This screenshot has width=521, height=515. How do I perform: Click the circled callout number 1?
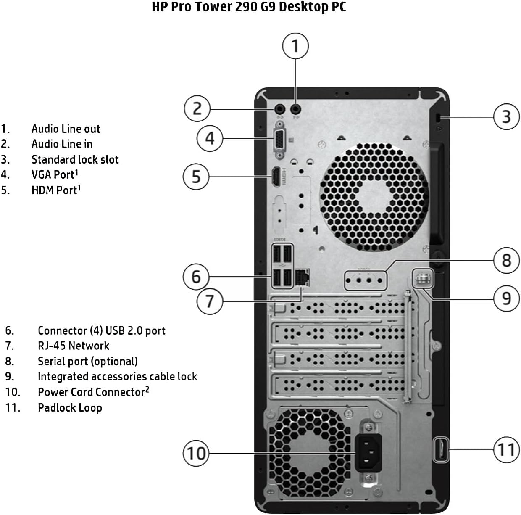click(x=295, y=46)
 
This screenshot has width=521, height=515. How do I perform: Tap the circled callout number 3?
click(x=506, y=116)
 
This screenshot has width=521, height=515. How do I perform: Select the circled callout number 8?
click(x=506, y=260)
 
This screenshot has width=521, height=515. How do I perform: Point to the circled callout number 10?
click(x=196, y=453)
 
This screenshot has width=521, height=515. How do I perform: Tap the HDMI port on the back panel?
click(x=276, y=177)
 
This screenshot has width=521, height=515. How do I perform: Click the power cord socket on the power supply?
click(x=368, y=452)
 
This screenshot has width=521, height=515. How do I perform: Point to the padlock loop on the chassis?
click(x=440, y=450)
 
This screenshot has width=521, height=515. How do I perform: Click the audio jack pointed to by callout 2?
click(x=279, y=109)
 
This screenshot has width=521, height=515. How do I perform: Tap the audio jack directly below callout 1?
click(x=296, y=109)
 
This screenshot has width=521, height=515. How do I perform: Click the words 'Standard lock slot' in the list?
click(x=75, y=159)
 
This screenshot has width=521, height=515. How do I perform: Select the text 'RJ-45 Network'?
click(x=74, y=346)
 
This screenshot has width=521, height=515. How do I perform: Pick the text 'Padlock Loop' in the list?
click(x=70, y=407)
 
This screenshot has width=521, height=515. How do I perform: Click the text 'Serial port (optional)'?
click(x=87, y=361)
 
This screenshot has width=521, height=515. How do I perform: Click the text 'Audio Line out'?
click(x=66, y=129)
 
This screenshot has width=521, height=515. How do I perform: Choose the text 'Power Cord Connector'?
click(x=91, y=392)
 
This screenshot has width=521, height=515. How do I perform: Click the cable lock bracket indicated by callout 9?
click(x=422, y=279)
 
